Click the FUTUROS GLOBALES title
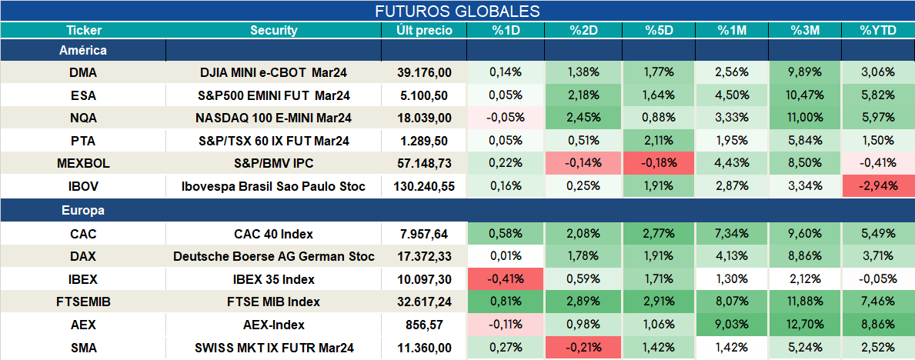[457, 11]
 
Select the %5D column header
[660, 31]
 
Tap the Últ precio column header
[424, 31]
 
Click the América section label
[83, 51]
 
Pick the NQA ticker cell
[83, 118]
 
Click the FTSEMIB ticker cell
[83, 302]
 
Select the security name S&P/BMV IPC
[274, 164]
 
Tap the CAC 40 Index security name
[274, 235]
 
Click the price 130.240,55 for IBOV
[424, 187]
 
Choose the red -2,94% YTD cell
[877, 187]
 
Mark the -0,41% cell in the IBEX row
[506, 279]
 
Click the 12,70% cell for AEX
[805, 325]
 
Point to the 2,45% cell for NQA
[583, 118]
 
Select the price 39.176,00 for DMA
[424, 72]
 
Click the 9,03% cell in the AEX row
[732, 325]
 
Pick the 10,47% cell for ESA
[805, 95]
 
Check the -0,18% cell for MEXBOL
[660, 164]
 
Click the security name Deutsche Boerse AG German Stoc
[274, 256]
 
